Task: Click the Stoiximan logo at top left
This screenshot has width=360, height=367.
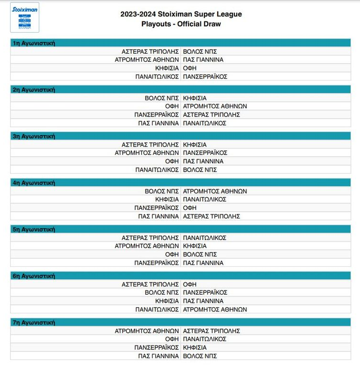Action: tap(24, 17)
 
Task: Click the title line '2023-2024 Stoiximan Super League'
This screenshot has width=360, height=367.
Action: tap(181, 14)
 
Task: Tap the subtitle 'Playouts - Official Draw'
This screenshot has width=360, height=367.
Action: tap(181, 24)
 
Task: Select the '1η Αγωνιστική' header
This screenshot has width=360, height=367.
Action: tap(34, 43)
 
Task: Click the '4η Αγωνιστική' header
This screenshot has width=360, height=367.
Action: tap(34, 183)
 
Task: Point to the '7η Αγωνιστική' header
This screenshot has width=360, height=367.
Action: tap(34, 323)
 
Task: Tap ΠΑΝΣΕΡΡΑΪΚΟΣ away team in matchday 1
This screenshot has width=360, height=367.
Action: tap(205, 77)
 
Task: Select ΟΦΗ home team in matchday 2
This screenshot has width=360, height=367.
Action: tap(172, 106)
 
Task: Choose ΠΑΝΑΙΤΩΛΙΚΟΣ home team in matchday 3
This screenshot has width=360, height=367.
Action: tap(157, 170)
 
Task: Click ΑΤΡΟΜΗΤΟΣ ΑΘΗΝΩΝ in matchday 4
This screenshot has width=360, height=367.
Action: tap(215, 191)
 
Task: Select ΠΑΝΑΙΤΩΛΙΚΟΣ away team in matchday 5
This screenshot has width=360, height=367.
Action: tap(205, 238)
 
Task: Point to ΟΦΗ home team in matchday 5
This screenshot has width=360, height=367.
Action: tap(172, 254)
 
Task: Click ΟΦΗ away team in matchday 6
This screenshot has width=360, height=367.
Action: tap(190, 285)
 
